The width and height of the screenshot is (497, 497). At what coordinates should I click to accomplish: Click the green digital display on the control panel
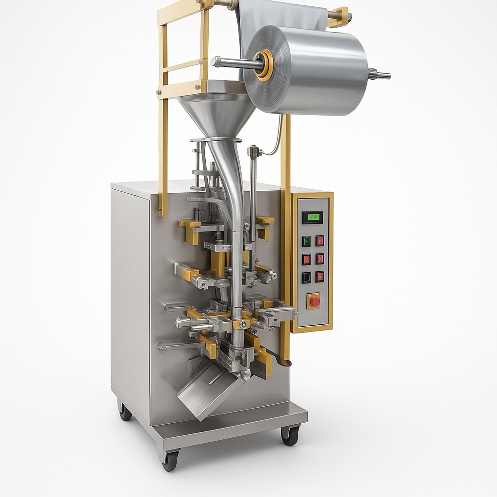coord(313,217)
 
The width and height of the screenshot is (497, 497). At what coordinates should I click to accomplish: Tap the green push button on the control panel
coord(306,241)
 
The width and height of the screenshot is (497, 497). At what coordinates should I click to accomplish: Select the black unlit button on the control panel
coord(306,277)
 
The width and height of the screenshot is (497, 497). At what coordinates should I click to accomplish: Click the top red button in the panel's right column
coord(320,241)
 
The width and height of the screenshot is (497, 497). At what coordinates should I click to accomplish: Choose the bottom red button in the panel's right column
coord(320,277)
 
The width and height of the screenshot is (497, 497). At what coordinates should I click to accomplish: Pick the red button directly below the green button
coord(306,259)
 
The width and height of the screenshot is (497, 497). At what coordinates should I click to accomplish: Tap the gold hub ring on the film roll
coord(265,65)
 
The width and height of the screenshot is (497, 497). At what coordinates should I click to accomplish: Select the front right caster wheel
coord(290,435)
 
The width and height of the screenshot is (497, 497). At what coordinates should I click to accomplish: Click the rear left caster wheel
coord(125,411)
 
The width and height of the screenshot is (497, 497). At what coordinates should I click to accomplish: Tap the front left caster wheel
coord(170,460)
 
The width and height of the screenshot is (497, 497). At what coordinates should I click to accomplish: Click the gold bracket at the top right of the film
coord(340,17)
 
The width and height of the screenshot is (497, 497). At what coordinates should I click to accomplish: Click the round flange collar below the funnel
coord(216,140)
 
